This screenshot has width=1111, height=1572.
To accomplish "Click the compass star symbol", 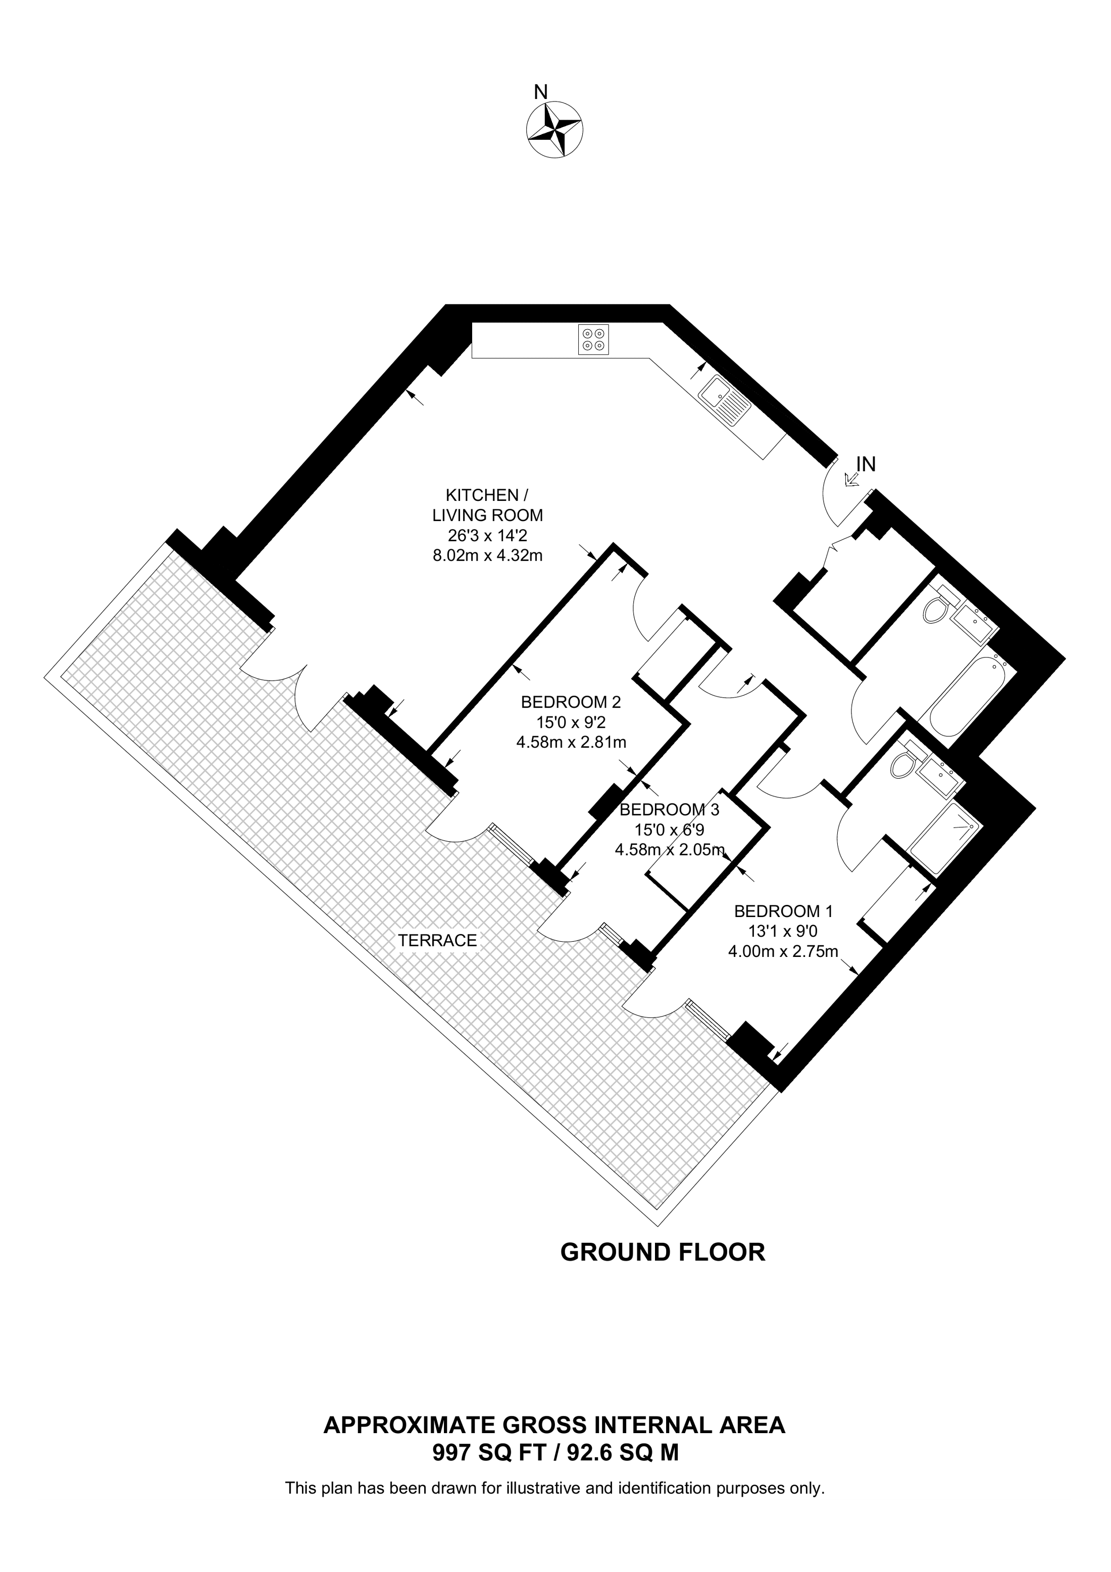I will [x=554, y=129].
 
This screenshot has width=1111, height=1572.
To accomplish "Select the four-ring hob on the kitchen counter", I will [x=593, y=339].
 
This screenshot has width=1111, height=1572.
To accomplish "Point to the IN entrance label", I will [x=866, y=464].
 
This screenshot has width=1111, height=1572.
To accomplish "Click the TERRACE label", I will [x=437, y=941].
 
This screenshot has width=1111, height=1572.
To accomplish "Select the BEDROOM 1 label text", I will [x=783, y=911].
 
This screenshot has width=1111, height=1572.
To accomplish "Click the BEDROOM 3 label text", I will [x=669, y=810].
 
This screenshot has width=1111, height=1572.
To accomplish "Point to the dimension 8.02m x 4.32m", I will [x=487, y=555].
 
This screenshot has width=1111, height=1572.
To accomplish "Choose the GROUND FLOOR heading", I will [x=662, y=1252].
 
